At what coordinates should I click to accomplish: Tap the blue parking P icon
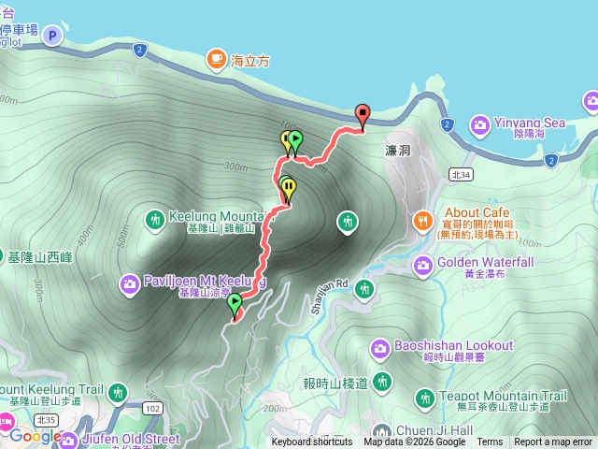(x=52, y=36)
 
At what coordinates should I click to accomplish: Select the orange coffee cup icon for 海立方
(x=216, y=59)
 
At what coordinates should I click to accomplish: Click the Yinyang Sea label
(x=529, y=123)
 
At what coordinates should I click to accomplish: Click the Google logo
(x=35, y=437)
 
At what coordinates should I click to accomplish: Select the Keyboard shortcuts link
(x=312, y=442)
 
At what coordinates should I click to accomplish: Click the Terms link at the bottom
(x=490, y=442)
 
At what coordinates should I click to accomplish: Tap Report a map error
(x=553, y=442)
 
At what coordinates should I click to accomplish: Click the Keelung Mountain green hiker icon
(x=155, y=219)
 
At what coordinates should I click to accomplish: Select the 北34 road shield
(x=460, y=174)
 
